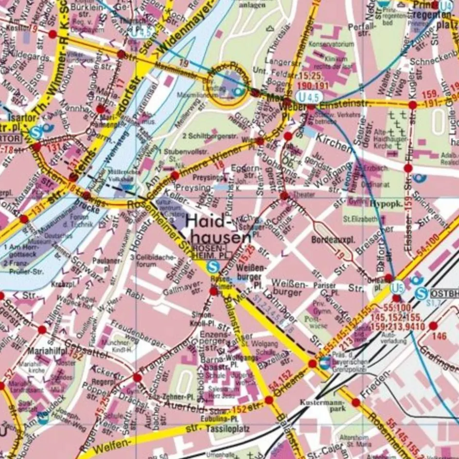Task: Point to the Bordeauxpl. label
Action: [334, 240]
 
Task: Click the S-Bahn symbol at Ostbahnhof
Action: [422, 294]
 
